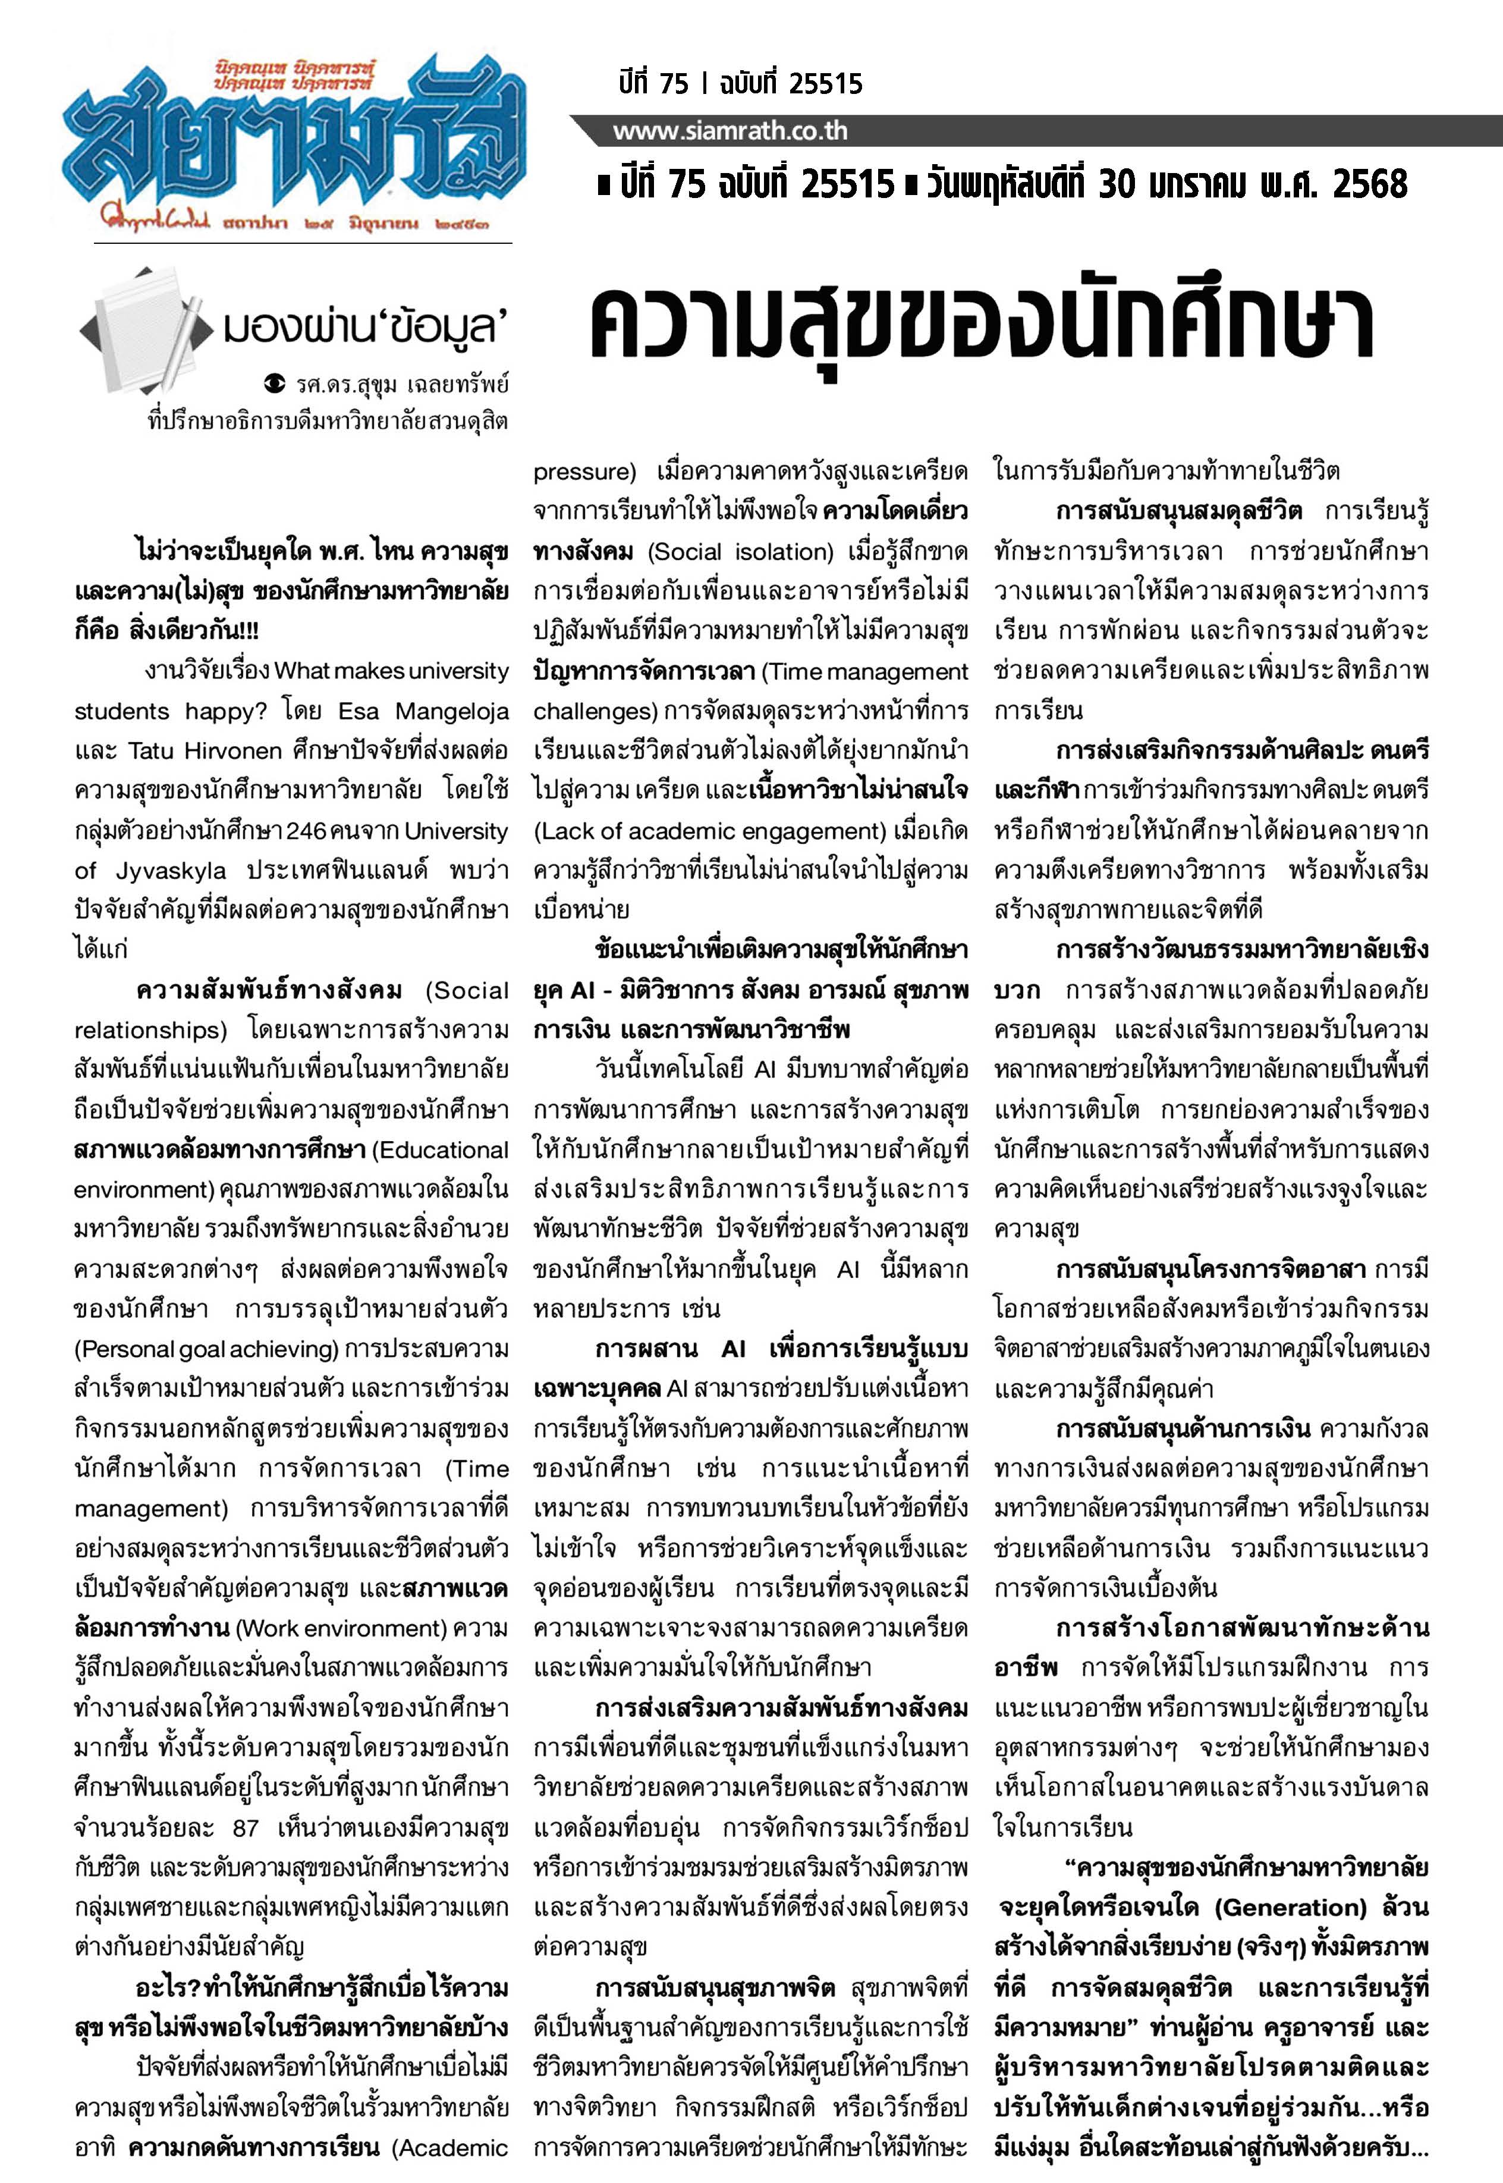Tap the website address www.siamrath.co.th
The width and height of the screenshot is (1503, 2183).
pos(730,131)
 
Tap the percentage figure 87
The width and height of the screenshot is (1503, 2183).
pos(245,1828)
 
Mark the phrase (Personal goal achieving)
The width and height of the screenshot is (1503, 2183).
pos(205,1349)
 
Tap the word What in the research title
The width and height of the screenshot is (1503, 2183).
pos(301,671)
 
